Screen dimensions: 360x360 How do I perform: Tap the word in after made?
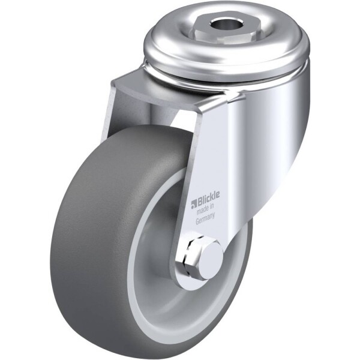(212, 206)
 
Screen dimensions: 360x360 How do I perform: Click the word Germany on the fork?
(205, 218)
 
